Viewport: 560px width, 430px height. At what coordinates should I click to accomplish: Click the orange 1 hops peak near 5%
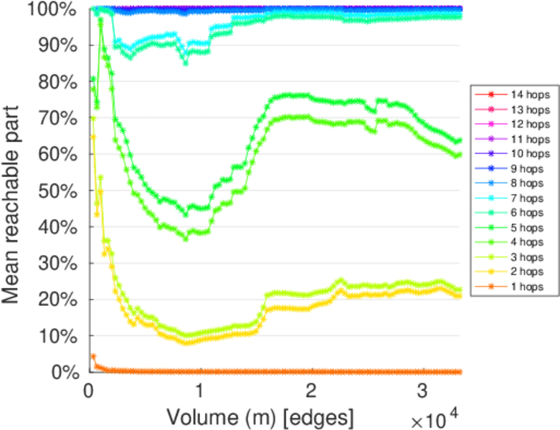[92, 356]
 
